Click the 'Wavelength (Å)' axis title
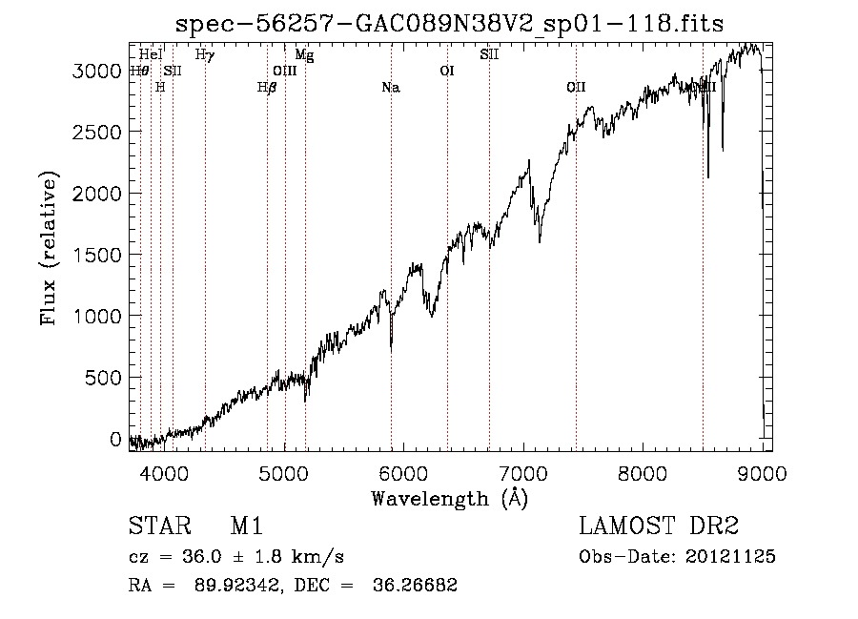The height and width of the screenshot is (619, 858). [449, 497]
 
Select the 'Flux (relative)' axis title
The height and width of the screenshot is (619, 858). [49, 248]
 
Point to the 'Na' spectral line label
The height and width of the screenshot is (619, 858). [390, 88]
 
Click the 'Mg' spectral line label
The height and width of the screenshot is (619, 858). [304, 55]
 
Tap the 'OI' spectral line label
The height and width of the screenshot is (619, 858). [446, 71]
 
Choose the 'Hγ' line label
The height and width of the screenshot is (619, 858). [204, 55]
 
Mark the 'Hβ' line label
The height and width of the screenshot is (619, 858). [267, 88]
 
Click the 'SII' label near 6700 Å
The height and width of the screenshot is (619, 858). [489, 55]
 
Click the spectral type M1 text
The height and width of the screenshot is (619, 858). [246, 526]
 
